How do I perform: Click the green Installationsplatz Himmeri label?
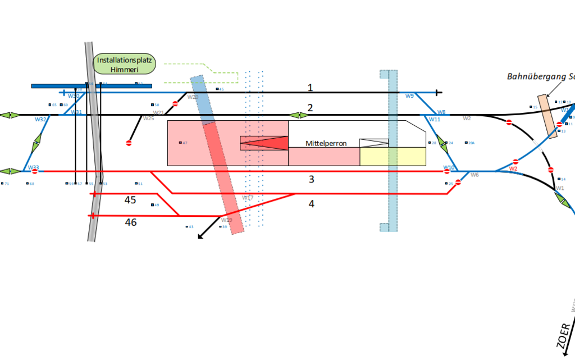[x=125, y=65]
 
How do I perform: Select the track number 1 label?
[x=309, y=87]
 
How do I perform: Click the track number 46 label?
[x=130, y=222]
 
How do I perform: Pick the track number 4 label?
[x=312, y=203]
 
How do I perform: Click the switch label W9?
[x=409, y=96]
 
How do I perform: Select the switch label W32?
[x=40, y=120]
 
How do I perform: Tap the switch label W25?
[x=148, y=119]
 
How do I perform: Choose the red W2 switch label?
[x=513, y=168]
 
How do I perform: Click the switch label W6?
[x=474, y=175]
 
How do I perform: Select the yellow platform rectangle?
[x=393, y=157]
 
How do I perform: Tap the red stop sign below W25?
[x=129, y=143]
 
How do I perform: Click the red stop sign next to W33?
[x=35, y=171]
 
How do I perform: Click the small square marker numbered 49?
[x=153, y=205]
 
